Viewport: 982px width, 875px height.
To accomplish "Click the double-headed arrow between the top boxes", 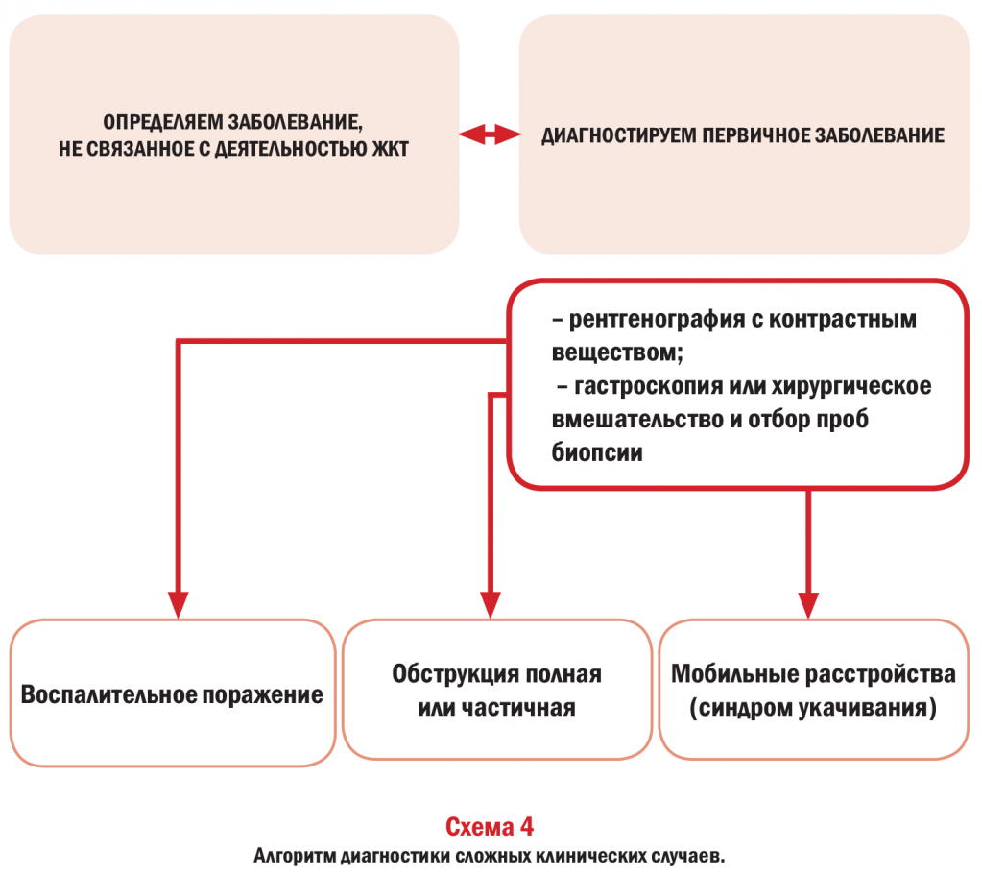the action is pyautogui.click(x=490, y=134).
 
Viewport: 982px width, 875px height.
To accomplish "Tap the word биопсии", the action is pyautogui.click(x=597, y=452).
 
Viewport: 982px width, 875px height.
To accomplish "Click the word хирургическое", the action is pyautogui.click(x=851, y=387).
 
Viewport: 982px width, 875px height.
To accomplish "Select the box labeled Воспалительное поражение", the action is pyautogui.click(x=173, y=693).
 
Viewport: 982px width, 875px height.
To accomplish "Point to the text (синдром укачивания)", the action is pyautogui.click(x=813, y=708).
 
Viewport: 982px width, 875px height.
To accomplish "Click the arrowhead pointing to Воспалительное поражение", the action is pyautogui.click(x=178, y=605).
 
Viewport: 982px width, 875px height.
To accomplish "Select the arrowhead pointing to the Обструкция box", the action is pyautogui.click(x=490, y=605).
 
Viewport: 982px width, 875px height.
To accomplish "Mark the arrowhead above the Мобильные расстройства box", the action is pyautogui.click(x=808, y=605).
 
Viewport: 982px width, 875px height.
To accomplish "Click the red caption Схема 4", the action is pyautogui.click(x=490, y=827).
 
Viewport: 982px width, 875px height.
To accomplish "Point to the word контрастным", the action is pyautogui.click(x=843, y=320).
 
